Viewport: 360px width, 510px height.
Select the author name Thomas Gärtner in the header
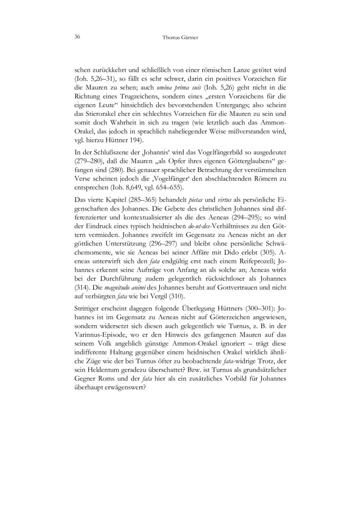click(x=180, y=37)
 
